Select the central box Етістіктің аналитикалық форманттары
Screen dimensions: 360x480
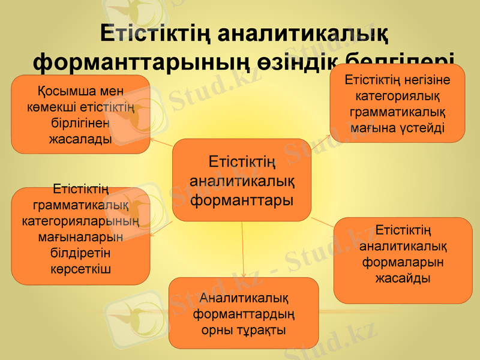[242, 179]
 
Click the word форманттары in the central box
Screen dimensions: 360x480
[242, 199]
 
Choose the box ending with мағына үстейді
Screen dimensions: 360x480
[397, 103]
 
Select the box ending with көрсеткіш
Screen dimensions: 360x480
[80, 236]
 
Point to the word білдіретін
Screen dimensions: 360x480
[80, 252]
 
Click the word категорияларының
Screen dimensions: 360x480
[80, 221]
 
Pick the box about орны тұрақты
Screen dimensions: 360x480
[243, 313]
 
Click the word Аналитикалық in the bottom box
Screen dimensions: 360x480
[243, 297]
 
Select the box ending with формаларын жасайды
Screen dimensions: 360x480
[403, 260]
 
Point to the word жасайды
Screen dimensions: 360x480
[403, 278]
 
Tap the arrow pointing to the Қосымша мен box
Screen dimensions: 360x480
[161, 142]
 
